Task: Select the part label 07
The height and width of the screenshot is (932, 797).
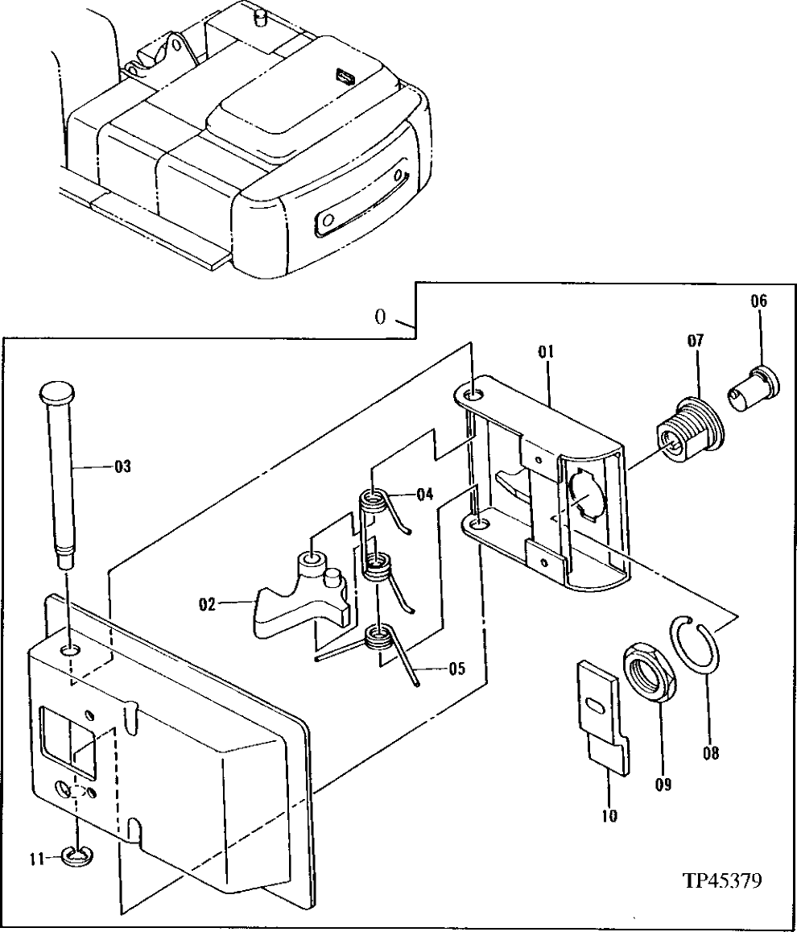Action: pos(695,341)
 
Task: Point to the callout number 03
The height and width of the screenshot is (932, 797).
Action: pos(122,466)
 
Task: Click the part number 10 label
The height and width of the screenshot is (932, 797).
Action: pos(609,816)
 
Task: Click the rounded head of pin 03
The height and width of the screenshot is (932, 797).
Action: pos(60,395)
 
